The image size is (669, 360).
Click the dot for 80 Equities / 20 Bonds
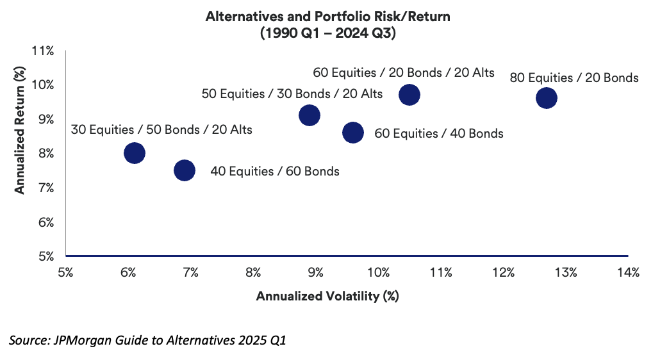point(546,98)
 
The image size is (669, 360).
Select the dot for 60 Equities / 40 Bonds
point(353,133)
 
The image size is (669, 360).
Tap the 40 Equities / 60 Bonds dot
point(184,170)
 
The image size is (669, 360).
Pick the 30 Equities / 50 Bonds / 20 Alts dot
point(134,153)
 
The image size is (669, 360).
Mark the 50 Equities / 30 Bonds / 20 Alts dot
point(310,115)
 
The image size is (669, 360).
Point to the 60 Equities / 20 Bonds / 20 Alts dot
point(409,95)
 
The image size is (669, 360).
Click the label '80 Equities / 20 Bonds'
point(574,78)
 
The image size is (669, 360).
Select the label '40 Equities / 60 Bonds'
point(275,171)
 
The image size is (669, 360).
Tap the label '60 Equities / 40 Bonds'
point(439,134)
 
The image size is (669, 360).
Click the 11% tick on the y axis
point(44,51)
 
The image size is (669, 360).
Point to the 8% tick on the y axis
point(45,154)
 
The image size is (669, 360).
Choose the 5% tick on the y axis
point(45,257)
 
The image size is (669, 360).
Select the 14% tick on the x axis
point(628,273)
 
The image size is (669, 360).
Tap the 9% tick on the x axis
point(315,273)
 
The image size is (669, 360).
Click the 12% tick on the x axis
point(503,273)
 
